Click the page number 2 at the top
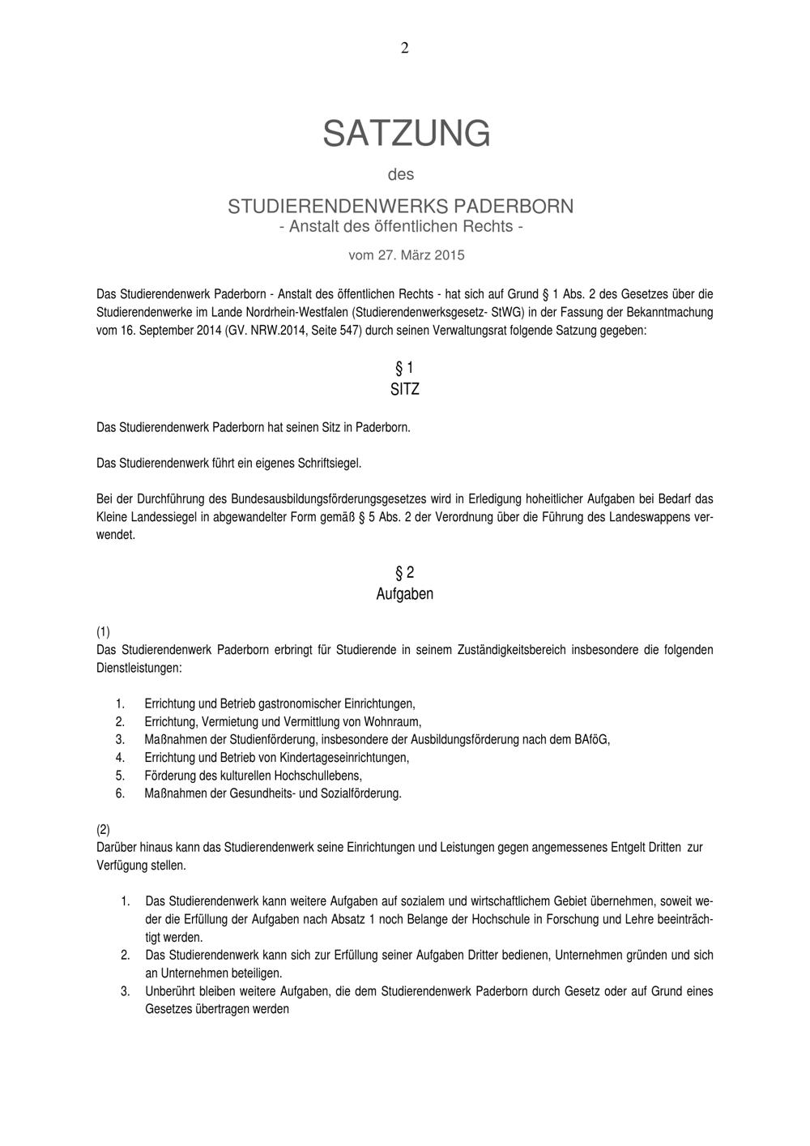point(404,48)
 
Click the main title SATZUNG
point(406,133)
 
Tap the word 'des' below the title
point(401,174)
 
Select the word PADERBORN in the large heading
point(512,206)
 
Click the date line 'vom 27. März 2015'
point(406,255)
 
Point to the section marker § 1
point(404,368)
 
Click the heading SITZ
point(404,389)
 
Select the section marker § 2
point(404,573)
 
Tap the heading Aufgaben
point(404,594)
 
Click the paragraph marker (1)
point(103,631)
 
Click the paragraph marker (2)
point(103,829)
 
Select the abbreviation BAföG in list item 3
point(591,739)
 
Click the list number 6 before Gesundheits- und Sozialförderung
point(120,793)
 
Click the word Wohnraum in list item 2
point(395,721)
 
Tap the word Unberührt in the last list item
point(170,991)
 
